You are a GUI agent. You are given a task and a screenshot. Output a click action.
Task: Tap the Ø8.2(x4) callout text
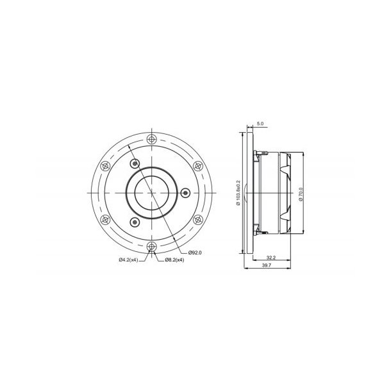tap(174, 260)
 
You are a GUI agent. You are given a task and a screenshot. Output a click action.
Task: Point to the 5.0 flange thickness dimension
tap(260, 122)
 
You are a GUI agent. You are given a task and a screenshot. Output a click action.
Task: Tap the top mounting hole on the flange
tap(151, 139)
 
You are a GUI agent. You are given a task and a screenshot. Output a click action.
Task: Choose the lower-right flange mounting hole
tap(197, 219)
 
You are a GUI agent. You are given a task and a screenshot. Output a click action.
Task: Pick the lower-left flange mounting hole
tap(105, 219)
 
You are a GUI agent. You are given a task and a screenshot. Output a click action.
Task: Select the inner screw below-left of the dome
tap(134, 222)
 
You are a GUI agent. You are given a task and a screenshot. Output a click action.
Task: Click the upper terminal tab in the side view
tap(257, 153)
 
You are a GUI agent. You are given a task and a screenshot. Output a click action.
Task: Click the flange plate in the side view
tap(246, 192)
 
